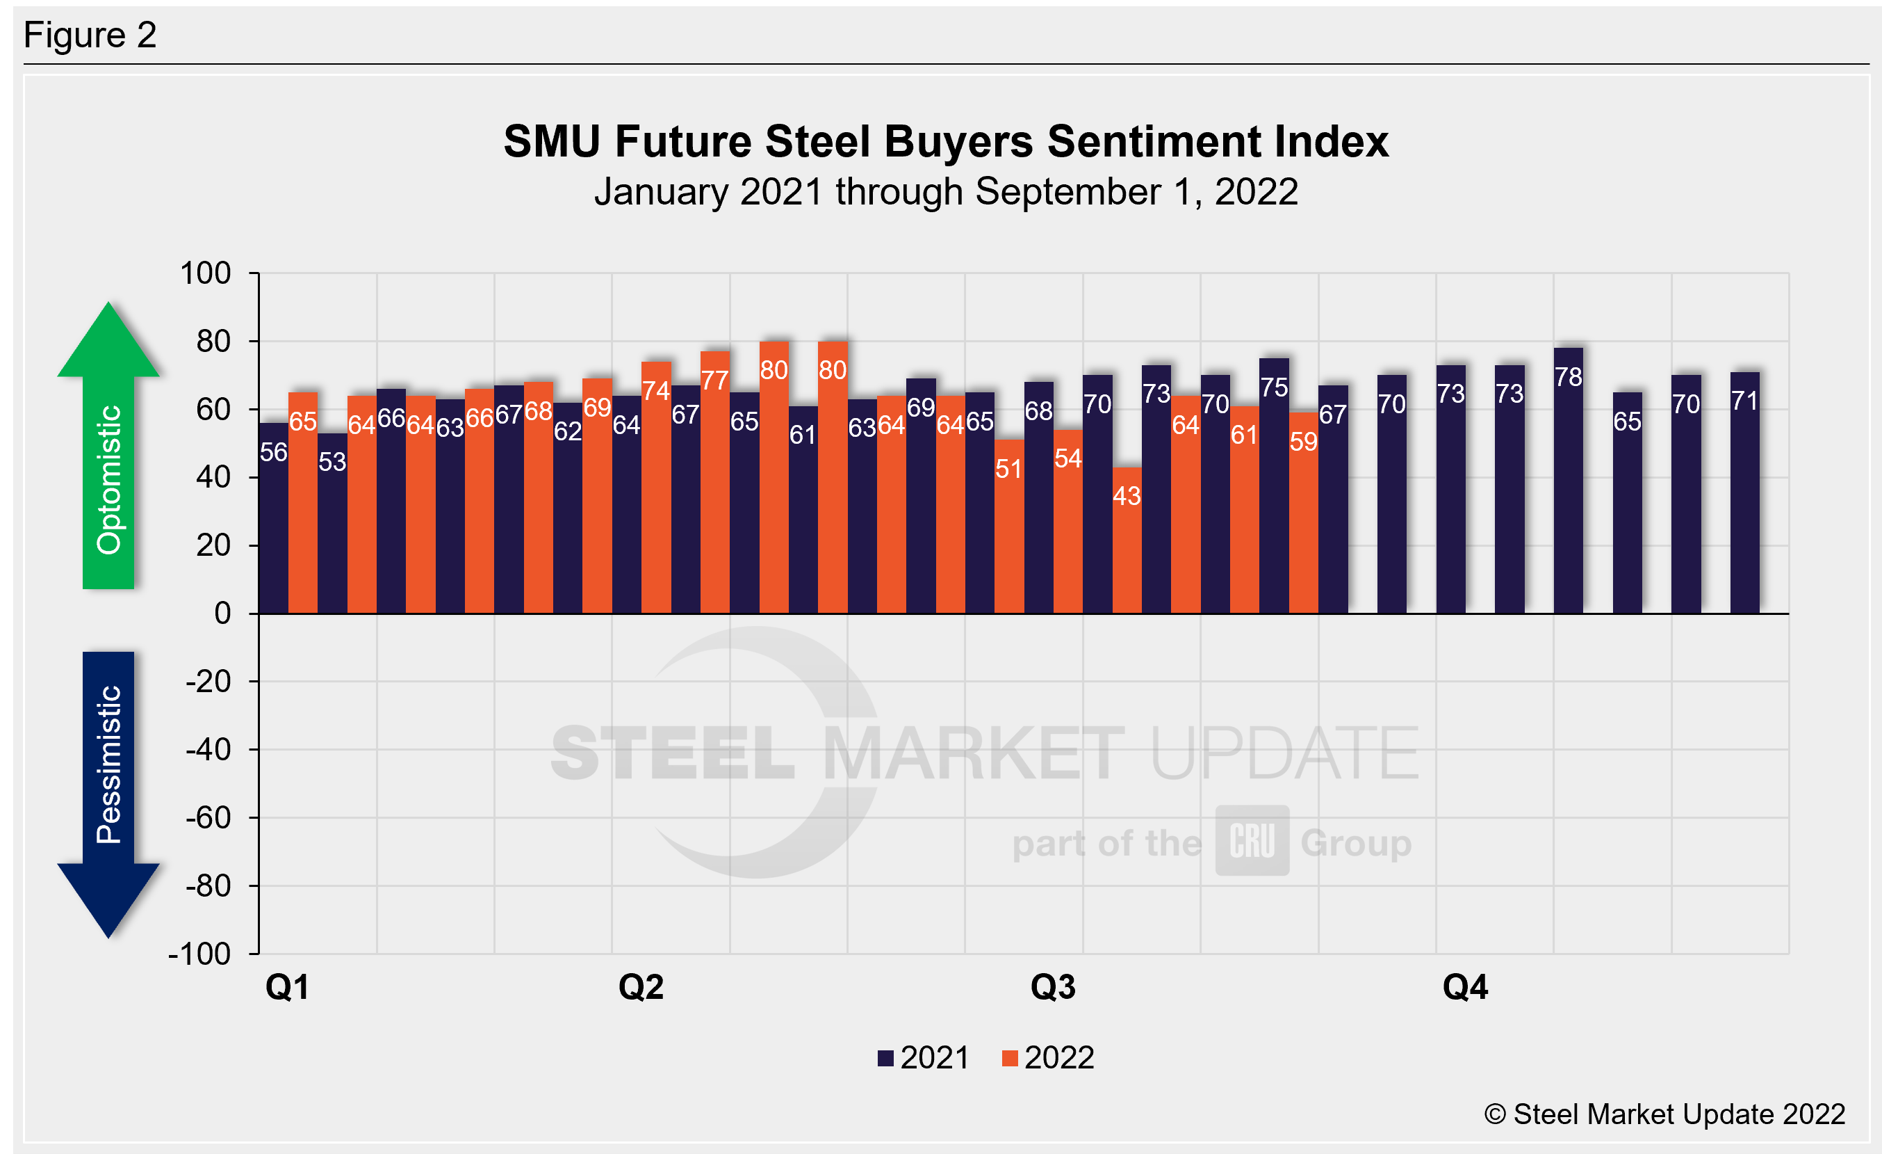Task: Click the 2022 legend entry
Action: pos(1048,1059)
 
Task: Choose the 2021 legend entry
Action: pos(924,1059)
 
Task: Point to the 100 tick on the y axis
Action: pos(205,273)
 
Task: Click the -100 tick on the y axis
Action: pos(200,954)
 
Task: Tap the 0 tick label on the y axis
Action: pos(222,614)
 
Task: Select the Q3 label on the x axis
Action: pos(1052,987)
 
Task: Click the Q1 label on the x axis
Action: pos(287,987)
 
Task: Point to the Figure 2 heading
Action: pos(90,35)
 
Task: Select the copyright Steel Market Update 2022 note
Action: pos(1664,1114)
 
